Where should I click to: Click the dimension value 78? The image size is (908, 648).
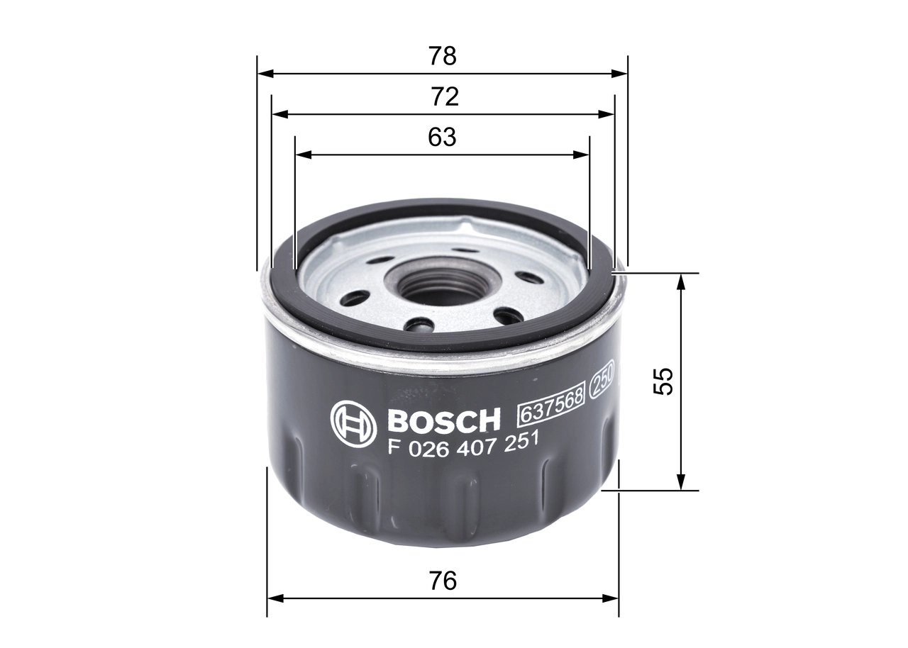(x=442, y=56)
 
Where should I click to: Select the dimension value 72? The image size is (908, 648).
(x=443, y=97)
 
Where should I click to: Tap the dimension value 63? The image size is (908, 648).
(x=442, y=138)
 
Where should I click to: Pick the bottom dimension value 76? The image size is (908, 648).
(x=442, y=581)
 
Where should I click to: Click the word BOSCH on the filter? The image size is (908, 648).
(x=444, y=421)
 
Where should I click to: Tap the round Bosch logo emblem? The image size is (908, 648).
(x=353, y=423)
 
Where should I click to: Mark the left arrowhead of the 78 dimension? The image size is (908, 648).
(x=263, y=73)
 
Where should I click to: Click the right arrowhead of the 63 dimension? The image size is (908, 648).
(x=585, y=154)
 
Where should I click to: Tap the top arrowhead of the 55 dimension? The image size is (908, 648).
(x=680, y=279)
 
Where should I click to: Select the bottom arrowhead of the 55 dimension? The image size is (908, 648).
(x=680, y=484)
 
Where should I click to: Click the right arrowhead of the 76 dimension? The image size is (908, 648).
(x=614, y=598)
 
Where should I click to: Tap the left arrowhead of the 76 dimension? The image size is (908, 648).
(x=273, y=598)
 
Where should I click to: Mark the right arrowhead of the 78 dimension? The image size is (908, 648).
(x=622, y=73)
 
